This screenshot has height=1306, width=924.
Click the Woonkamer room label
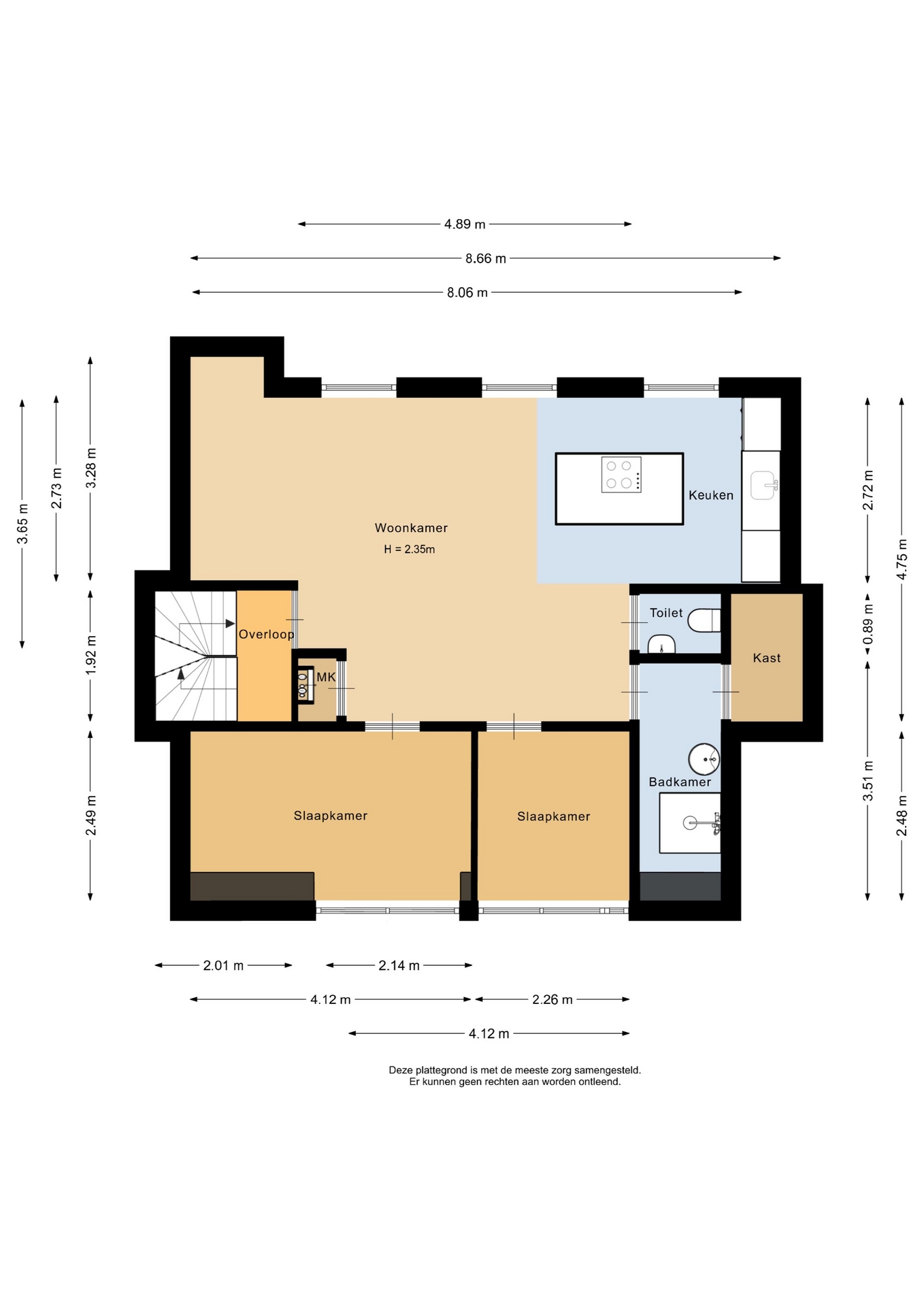411,528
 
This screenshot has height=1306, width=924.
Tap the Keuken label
711,495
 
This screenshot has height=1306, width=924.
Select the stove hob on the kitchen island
621,474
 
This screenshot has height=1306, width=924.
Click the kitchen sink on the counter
764,485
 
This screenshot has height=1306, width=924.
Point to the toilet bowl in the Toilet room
704,620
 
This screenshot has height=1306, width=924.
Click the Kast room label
767,658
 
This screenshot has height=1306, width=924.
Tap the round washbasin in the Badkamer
704,758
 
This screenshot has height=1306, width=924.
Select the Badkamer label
680,782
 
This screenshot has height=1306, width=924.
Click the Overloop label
266,635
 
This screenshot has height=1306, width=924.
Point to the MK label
326,677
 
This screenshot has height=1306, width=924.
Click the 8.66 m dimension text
486,258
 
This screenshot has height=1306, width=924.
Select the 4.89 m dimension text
465,224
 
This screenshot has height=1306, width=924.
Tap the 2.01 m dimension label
223,965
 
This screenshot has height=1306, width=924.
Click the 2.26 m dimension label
552,999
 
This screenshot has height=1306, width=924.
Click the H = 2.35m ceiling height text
409,549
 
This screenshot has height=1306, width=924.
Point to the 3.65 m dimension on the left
22,524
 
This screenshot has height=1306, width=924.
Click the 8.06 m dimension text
467,292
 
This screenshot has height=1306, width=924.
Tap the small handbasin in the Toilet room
661,643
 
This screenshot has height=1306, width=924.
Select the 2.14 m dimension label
399,965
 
